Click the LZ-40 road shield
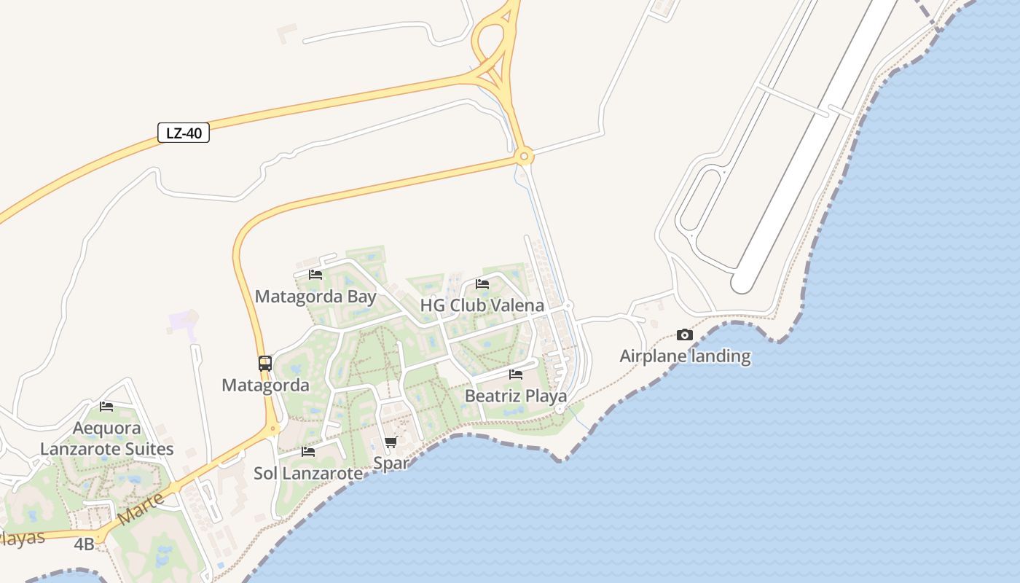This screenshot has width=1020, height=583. click(x=184, y=133)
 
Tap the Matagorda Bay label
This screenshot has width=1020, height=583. click(x=315, y=297)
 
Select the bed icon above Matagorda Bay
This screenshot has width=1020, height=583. click(x=315, y=275)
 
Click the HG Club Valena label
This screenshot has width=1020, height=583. click(x=482, y=305)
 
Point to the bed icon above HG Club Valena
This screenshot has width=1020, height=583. click(x=482, y=284)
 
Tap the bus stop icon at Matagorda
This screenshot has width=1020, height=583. click(x=265, y=363)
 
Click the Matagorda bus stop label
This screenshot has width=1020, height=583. click(x=265, y=385)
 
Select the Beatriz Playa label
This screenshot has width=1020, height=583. click(x=515, y=396)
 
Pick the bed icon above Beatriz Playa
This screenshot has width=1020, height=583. click(x=516, y=375)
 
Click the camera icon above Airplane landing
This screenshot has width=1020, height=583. click(x=685, y=334)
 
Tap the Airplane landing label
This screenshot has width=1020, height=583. click(x=685, y=356)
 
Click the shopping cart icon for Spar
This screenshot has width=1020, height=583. click(x=391, y=442)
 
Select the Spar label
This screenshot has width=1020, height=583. click(x=391, y=463)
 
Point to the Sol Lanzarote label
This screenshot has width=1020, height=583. click(x=307, y=473)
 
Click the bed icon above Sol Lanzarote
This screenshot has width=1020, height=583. click(x=308, y=451)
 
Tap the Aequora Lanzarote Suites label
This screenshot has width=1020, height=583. click(x=106, y=438)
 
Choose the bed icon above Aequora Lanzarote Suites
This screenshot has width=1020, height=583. click(x=106, y=406)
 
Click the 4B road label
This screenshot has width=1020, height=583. click(x=84, y=544)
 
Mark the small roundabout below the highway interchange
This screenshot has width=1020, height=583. click(x=523, y=156)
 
